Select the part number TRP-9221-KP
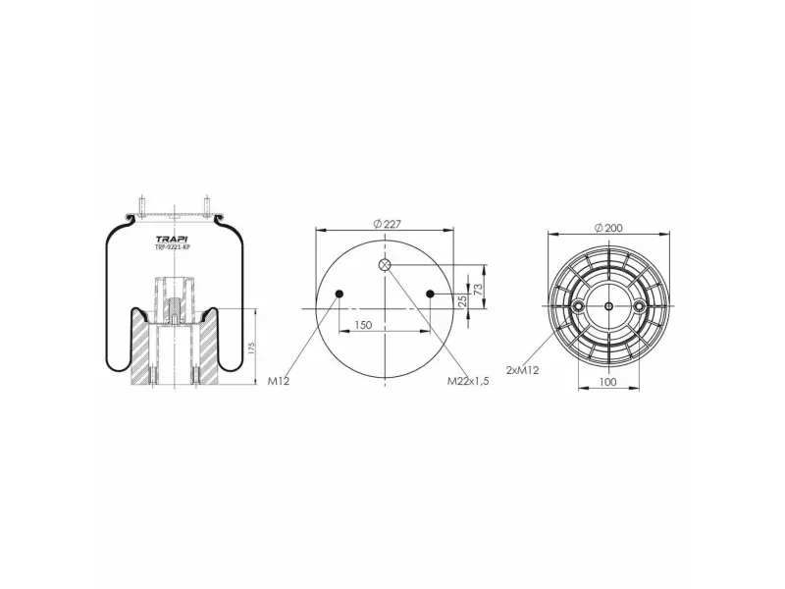pos(174,247)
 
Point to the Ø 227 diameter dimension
pos(387,224)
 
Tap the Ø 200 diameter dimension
pos(608,228)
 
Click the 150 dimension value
pos(363,325)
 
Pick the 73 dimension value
pos(478,289)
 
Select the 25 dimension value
pos(462,300)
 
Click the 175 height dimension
pos(251,348)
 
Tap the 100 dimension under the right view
pos(607,382)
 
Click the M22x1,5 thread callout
pos(468,381)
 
